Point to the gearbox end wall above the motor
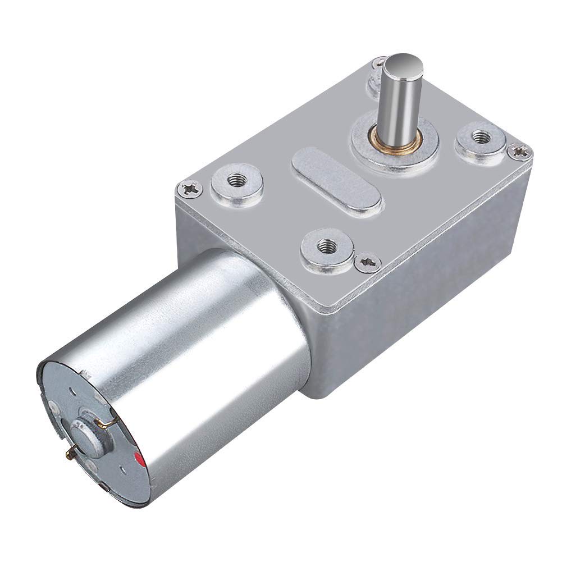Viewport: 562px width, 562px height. point(236,236)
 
